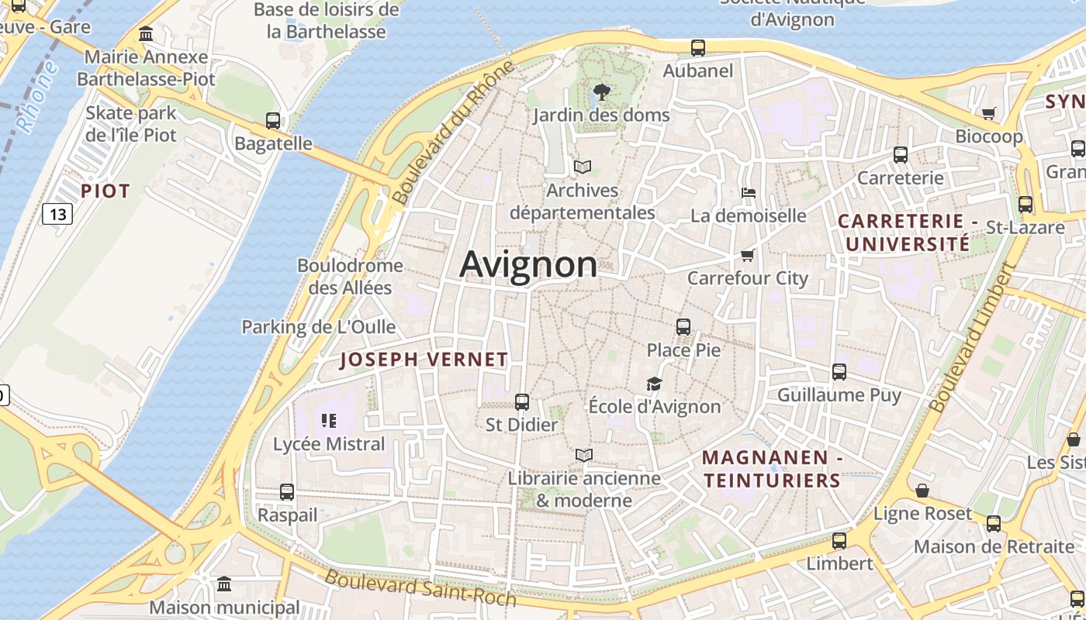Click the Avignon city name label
[528, 265]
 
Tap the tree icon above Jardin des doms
[600, 93]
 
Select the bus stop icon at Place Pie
[683, 327]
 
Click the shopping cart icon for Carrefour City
[748, 255]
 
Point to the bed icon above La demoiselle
[749, 192]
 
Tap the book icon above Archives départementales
[582, 167]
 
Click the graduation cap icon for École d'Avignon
[655, 384]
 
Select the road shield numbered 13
[57, 213]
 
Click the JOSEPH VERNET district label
[424, 360]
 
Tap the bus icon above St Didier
[522, 402]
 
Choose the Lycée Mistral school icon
[329, 421]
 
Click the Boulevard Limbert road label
[972, 338]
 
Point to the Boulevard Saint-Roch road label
[420, 588]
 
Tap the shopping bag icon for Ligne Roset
[922, 491]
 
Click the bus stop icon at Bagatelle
[273, 121]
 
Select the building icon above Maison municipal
[224, 584]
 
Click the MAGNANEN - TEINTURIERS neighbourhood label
[772, 469]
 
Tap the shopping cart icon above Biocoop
[989, 114]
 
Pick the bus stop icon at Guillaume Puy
[839, 372]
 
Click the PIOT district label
[105, 191]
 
